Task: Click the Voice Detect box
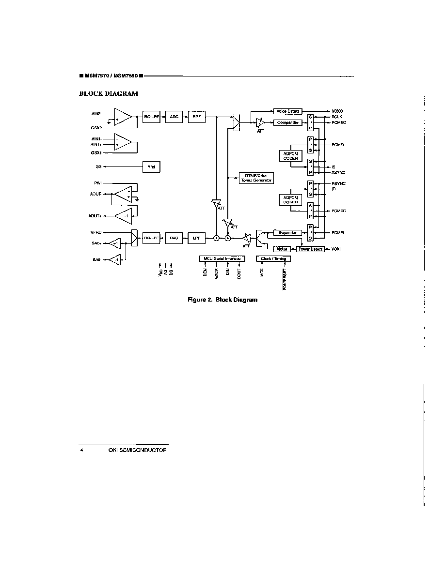pyautogui.click(x=287, y=111)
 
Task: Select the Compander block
pyautogui.click(x=287, y=123)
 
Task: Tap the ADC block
pyautogui.click(x=173, y=117)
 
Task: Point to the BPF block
pyautogui.click(x=196, y=117)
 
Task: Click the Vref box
pyautogui.click(x=151, y=167)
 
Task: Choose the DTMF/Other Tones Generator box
pyautogui.click(x=257, y=178)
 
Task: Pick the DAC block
pyautogui.click(x=173, y=238)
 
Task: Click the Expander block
pyautogui.click(x=287, y=233)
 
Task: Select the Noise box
pyautogui.click(x=282, y=249)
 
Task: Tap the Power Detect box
pyautogui.click(x=310, y=249)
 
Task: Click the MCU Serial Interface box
pyautogui.click(x=222, y=258)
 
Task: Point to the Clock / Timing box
pyautogui.click(x=273, y=258)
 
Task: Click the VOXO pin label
pyautogui.click(x=338, y=111)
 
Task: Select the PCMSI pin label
pyautogui.click(x=338, y=145)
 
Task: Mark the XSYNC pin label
pyautogui.click(x=338, y=172)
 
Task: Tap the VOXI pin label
pyautogui.click(x=336, y=249)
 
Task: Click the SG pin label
pyautogui.click(x=98, y=166)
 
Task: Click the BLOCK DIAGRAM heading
pyautogui.click(x=109, y=94)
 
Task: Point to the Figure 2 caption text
pyautogui.click(x=222, y=300)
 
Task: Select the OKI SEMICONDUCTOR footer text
pyautogui.click(x=138, y=450)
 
